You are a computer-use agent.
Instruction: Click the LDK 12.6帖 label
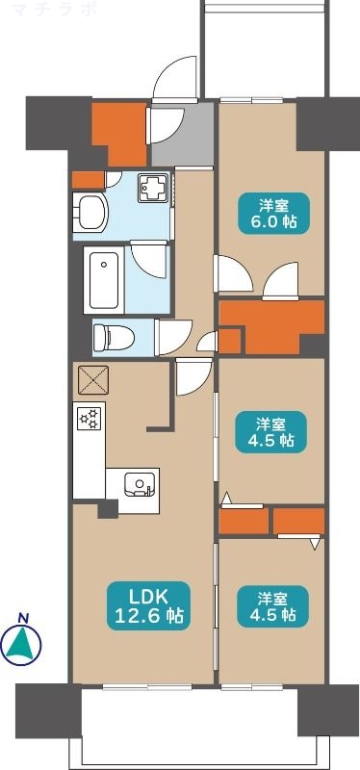(144, 603)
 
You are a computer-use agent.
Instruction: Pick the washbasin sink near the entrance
(93, 211)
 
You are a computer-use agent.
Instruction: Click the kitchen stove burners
(90, 419)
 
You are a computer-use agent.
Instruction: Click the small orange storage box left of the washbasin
(88, 179)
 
